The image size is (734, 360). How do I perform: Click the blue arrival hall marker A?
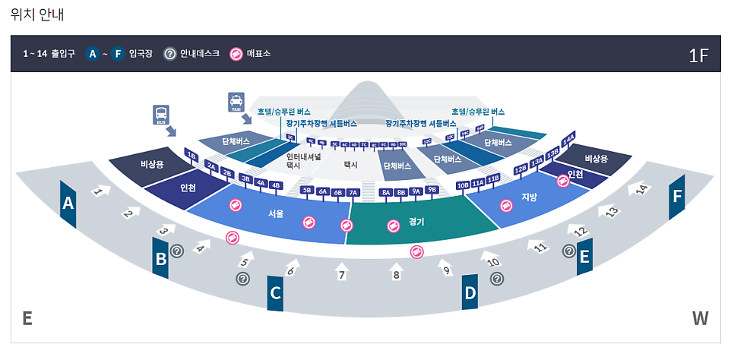(68, 204)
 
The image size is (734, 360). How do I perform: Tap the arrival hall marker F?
(677, 197)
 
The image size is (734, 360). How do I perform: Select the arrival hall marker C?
(275, 292)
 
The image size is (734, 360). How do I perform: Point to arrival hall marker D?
(470, 292)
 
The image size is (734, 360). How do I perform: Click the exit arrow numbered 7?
(342, 273)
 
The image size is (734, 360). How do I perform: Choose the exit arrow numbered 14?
(641, 188)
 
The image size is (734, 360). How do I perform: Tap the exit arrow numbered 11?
(539, 247)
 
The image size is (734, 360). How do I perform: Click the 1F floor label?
(698, 55)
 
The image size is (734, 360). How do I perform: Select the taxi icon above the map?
(236, 101)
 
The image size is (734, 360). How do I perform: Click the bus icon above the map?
(161, 115)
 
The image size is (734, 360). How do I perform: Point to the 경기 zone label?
(416, 222)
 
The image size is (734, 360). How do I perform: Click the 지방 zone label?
(529, 197)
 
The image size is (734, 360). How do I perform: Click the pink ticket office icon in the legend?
(236, 54)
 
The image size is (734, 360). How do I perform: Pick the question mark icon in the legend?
(170, 54)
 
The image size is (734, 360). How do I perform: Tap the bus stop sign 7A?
(353, 193)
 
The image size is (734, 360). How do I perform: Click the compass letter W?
(700, 318)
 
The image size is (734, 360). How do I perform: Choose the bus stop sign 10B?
(463, 185)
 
